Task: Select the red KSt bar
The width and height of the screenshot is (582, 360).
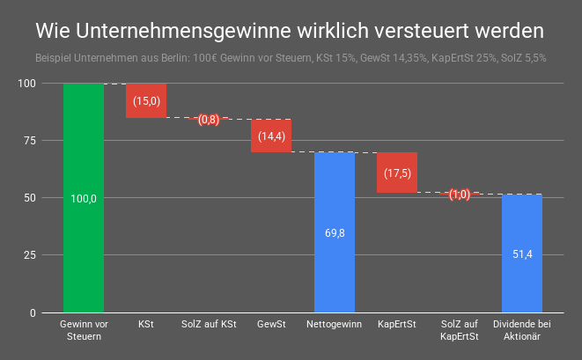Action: pyautogui.click(x=146, y=100)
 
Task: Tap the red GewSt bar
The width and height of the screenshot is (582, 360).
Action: pyautogui.click(x=271, y=136)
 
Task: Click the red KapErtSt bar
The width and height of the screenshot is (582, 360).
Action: pyautogui.click(x=396, y=173)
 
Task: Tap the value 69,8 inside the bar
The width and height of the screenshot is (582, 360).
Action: pyautogui.click(x=334, y=233)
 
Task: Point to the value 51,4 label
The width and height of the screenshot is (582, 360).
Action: pyautogui.click(x=522, y=254)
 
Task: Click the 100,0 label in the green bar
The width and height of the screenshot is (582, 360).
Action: pyautogui.click(x=83, y=199)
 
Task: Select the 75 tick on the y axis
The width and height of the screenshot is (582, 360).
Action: pyautogui.click(x=28, y=141)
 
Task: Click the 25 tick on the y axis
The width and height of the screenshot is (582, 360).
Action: pyautogui.click(x=28, y=255)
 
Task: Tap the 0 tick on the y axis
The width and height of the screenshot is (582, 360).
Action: pyautogui.click(x=32, y=312)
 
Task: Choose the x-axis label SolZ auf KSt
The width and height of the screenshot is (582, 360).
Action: pyautogui.click(x=209, y=325)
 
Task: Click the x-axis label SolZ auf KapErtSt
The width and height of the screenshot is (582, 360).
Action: pyautogui.click(x=459, y=330)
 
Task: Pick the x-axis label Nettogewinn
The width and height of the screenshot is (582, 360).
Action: pyautogui.click(x=334, y=325)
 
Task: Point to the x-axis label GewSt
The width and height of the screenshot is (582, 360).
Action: pyautogui.click(x=271, y=325)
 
